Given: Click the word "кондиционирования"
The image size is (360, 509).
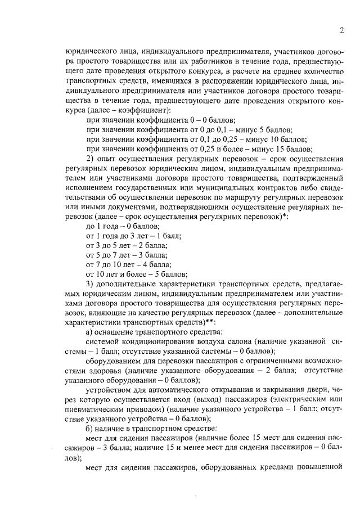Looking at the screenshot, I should pyautogui.click(x=159, y=343).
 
